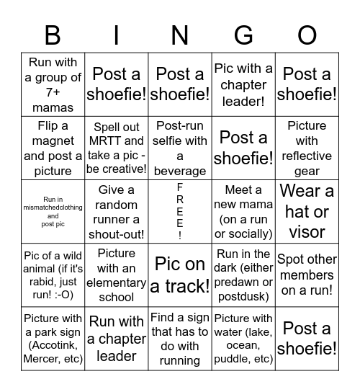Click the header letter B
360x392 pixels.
[53, 35]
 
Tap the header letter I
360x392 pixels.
[117, 35]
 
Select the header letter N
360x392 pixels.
[180, 35]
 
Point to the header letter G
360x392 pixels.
[243, 35]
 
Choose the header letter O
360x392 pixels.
[307, 35]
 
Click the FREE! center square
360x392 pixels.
[180, 211]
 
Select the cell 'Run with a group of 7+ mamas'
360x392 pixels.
[53, 85]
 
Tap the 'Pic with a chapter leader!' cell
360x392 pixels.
[243, 85]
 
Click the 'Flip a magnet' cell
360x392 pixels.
[53, 148]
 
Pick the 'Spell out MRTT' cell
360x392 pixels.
[117, 148]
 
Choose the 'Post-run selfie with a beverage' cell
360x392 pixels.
[180, 148]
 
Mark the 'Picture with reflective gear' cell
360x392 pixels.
[307, 148]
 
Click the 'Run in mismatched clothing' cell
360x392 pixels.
[53, 211]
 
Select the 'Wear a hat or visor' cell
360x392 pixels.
[307, 211]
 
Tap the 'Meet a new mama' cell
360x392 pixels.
[243, 211]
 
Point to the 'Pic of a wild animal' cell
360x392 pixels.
[53, 275]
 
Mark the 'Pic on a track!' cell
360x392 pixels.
[180, 275]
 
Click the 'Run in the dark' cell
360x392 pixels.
[243, 275]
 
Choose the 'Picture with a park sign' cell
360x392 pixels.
[53, 337]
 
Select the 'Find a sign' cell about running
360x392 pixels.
[180, 337]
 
